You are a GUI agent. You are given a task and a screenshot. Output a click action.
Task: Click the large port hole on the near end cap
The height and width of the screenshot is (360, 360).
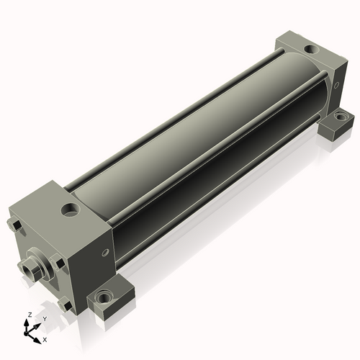71,210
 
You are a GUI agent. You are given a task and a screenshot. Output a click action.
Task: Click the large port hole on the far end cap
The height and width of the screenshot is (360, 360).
311,49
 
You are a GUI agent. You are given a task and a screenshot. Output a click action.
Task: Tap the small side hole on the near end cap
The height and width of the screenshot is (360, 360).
105,253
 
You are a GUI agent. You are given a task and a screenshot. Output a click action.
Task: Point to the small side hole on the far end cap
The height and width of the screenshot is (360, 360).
336,84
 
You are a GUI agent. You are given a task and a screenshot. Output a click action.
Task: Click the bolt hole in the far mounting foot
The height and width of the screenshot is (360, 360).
339,117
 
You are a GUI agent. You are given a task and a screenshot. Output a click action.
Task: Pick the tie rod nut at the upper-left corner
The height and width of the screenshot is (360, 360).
15,225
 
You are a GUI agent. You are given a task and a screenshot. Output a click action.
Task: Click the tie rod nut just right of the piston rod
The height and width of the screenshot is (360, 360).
58,263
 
